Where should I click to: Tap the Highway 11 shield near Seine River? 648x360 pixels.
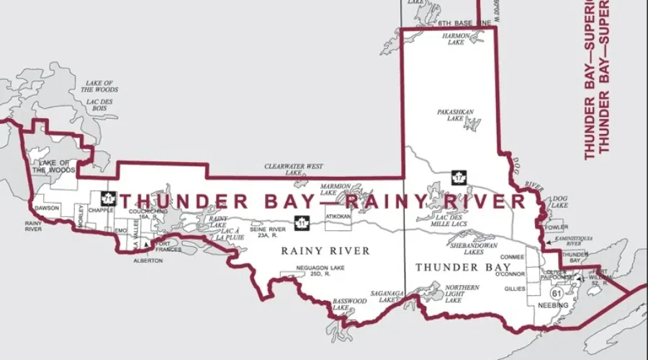tap(300, 223)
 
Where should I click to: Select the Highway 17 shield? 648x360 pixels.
tap(456, 176)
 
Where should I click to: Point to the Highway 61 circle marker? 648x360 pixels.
tap(556, 294)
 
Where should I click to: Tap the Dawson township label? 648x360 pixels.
tap(47, 208)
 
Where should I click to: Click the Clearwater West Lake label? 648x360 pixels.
tap(293, 169)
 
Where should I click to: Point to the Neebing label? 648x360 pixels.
tap(553, 306)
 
